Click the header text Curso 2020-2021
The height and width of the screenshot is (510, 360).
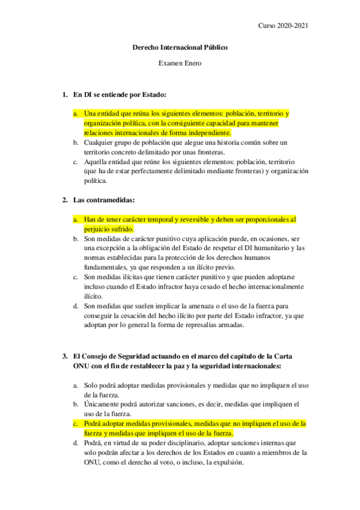pos(284,25)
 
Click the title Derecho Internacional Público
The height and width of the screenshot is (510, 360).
pos(180,47)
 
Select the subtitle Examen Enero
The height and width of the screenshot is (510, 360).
pos(180,63)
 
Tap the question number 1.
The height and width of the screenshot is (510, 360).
pos(65,94)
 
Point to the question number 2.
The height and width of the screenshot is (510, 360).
pos(65,200)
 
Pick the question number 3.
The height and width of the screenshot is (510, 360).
pos(65,356)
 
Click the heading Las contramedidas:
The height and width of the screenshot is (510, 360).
pos(104,200)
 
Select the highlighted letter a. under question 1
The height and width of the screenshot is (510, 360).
pos(76,113)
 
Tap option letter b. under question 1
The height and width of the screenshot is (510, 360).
pos(76,143)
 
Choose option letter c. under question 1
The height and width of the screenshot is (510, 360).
pos(76,162)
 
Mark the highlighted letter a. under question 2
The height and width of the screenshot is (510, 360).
pos(76,220)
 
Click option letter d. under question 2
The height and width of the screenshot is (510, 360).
pos(76,306)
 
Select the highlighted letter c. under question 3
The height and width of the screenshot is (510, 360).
pos(76,423)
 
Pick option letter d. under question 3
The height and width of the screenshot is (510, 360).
pos(76,443)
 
